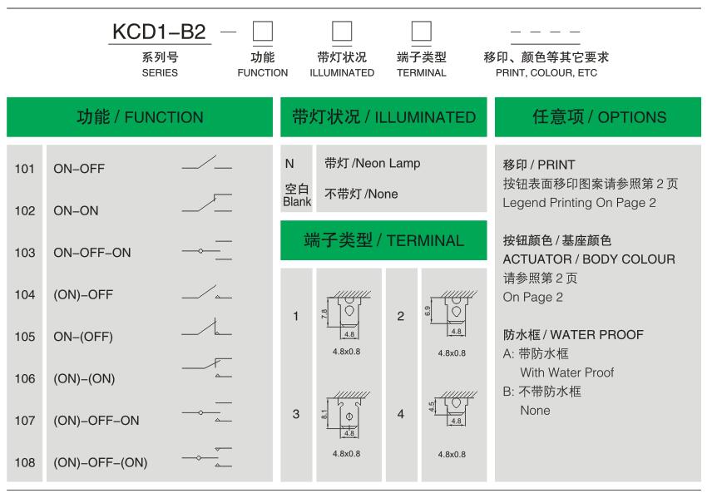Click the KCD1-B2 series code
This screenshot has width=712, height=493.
(x=159, y=32)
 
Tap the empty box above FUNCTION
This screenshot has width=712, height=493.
(x=263, y=32)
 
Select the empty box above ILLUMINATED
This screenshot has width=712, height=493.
(x=342, y=32)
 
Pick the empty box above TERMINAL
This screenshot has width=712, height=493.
(x=422, y=32)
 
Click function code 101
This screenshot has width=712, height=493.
(x=24, y=169)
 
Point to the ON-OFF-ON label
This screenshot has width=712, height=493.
(x=92, y=253)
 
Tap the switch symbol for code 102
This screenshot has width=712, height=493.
(x=207, y=203)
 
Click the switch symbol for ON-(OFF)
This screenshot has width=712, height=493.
(x=207, y=328)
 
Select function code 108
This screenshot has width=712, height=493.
(x=24, y=462)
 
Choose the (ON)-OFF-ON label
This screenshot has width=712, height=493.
(x=96, y=421)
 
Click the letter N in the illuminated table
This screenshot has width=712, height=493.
(x=289, y=164)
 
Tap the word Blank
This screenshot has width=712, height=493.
(x=297, y=201)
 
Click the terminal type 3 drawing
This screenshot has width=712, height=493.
(x=347, y=415)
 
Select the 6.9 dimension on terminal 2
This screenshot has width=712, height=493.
(x=428, y=311)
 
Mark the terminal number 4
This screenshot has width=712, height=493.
(x=401, y=414)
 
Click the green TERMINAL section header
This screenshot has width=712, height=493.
(x=383, y=240)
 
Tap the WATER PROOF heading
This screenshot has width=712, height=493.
(x=597, y=335)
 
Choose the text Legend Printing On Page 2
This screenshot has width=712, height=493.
(x=580, y=203)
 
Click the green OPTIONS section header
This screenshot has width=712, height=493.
(x=598, y=117)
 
